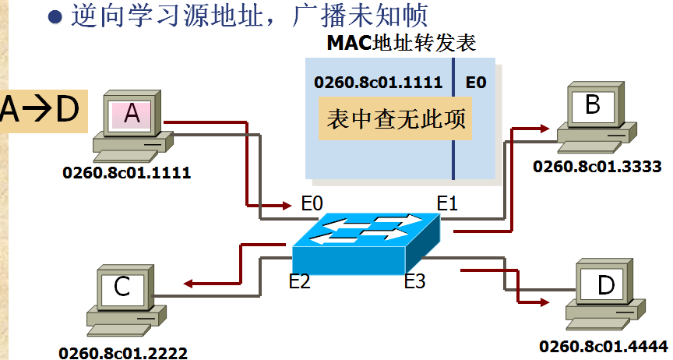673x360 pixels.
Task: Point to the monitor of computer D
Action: [x=606, y=284]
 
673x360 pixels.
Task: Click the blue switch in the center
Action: [x=366, y=238]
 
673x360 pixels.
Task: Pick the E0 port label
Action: [x=312, y=204]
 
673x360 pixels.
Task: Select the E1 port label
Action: [x=446, y=204]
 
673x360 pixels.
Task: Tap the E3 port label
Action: [x=414, y=281]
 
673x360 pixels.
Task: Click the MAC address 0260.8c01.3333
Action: [x=597, y=166]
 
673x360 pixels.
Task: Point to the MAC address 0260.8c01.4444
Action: [x=604, y=345]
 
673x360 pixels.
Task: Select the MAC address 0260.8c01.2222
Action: [x=123, y=353]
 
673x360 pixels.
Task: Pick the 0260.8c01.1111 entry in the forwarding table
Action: [x=378, y=82]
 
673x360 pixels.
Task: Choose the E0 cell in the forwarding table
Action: [x=476, y=82]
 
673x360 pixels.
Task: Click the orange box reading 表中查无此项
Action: [x=395, y=118]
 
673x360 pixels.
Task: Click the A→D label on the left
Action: [x=40, y=110]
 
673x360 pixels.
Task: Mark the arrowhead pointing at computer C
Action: [x=187, y=284]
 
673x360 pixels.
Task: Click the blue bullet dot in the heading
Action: [x=55, y=17]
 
